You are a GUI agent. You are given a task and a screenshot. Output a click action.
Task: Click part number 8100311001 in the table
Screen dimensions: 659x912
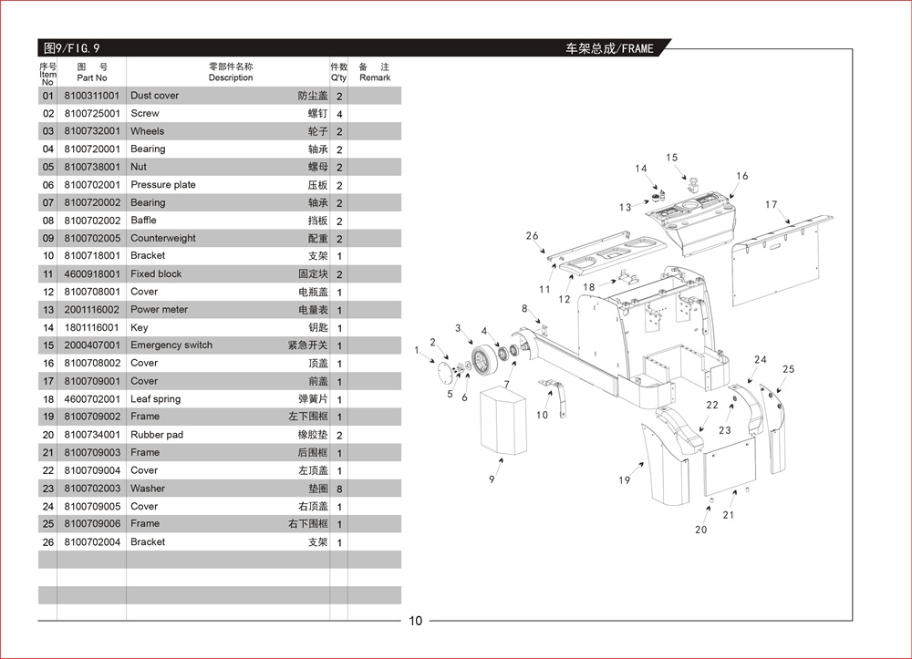[92, 96]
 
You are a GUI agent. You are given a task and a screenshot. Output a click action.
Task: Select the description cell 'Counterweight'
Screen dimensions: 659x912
[163, 239]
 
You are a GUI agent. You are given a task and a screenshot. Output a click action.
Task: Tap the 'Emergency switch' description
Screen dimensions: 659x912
[171, 345]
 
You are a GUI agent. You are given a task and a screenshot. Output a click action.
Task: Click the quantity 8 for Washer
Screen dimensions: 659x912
[339, 489]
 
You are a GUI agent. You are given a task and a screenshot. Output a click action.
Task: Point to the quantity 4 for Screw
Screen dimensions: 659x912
[339, 114]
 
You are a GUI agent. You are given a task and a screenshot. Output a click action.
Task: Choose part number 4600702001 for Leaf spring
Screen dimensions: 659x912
[92, 399]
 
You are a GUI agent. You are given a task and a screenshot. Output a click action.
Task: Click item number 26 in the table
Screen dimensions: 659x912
[48, 542]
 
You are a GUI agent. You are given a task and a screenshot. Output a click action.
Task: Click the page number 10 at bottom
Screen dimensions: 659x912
[416, 622]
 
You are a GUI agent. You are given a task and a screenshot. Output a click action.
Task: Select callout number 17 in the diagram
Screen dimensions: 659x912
[772, 205]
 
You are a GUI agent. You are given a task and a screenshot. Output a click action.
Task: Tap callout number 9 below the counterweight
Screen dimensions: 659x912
[492, 479]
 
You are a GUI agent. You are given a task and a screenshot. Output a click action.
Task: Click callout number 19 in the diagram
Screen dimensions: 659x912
[625, 480]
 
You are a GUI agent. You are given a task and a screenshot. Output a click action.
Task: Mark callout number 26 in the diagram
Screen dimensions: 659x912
[532, 236]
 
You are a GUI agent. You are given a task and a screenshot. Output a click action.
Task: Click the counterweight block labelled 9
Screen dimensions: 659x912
[503, 423]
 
